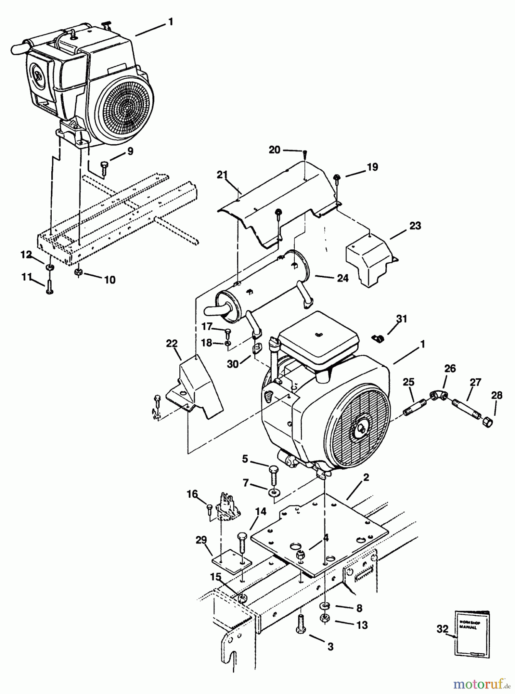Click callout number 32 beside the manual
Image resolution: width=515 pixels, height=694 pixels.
click(442, 629)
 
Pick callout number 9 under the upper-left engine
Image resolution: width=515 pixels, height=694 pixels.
click(130, 152)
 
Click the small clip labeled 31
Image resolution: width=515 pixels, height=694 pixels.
click(377, 338)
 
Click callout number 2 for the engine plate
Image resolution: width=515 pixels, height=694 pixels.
click(366, 477)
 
